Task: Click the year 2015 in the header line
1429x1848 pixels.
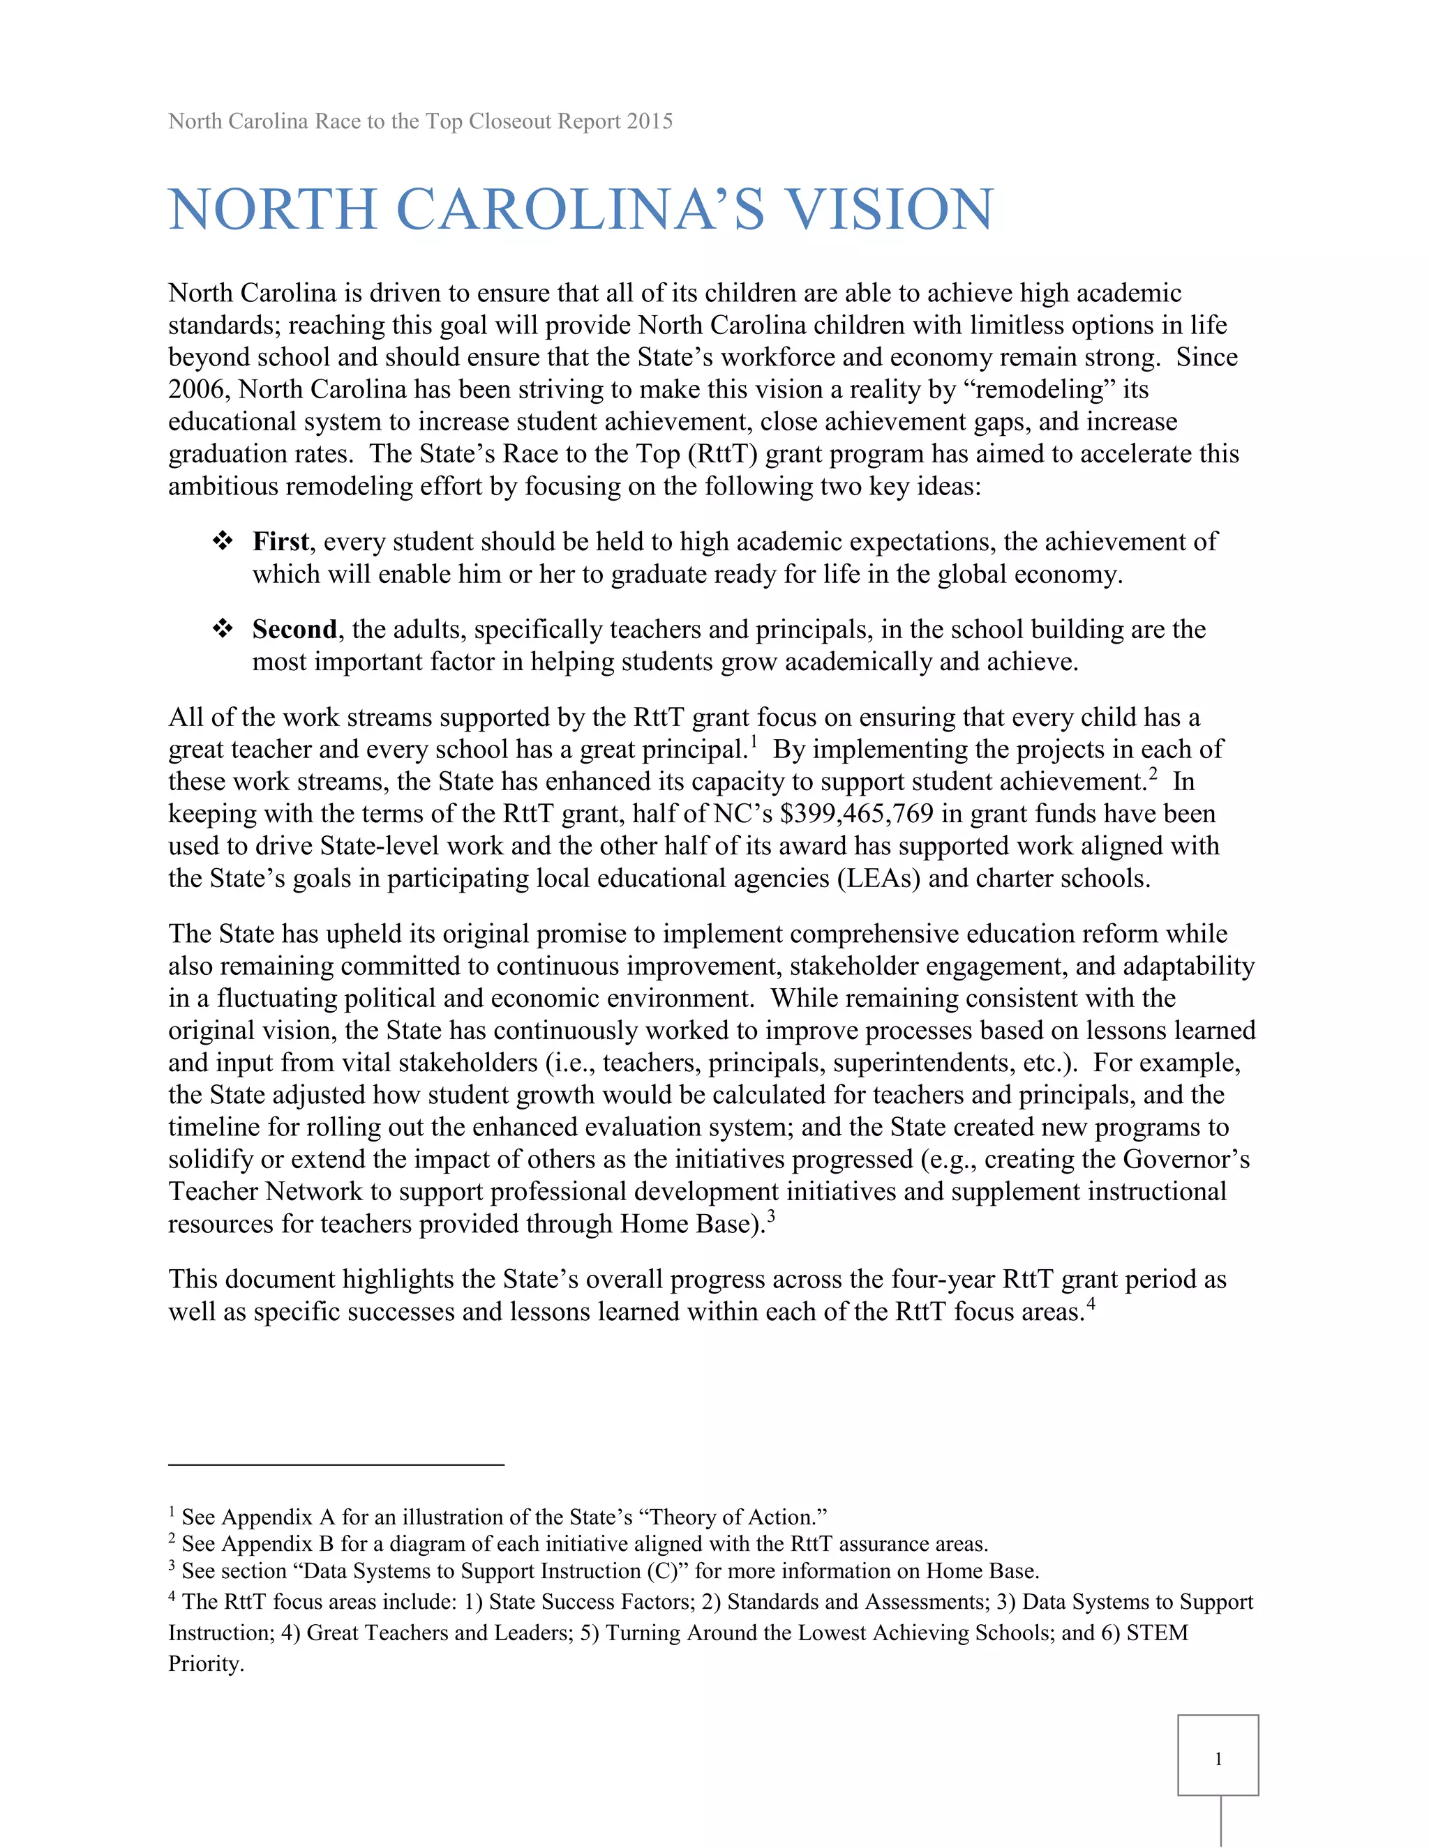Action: [x=650, y=121]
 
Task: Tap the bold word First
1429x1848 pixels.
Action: [x=280, y=542]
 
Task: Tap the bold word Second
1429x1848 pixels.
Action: [x=294, y=630]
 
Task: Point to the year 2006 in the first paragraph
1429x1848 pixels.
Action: [x=199, y=389]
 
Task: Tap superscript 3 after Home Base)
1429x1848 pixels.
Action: [x=771, y=1217]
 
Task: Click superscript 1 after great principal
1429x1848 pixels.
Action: [x=754, y=742]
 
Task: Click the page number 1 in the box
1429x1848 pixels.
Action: [x=1218, y=1759]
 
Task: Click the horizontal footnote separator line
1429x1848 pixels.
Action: [x=336, y=1464]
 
